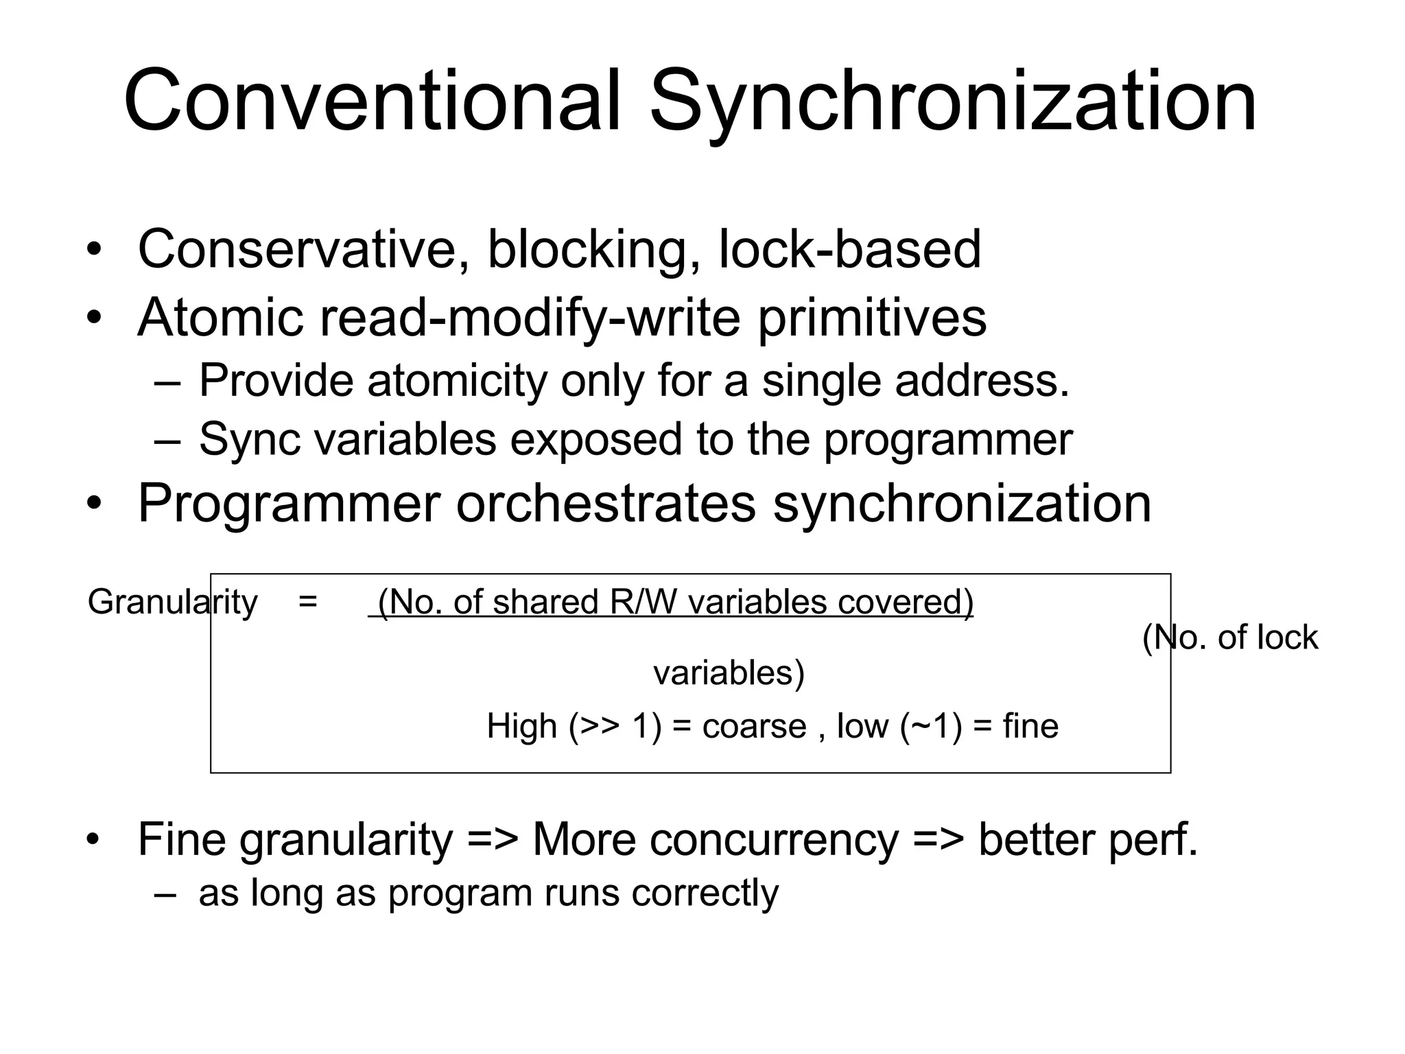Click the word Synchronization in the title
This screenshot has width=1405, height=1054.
[x=952, y=102]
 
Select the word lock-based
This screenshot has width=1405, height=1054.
[x=849, y=249]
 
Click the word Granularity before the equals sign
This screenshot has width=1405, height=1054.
[x=173, y=602]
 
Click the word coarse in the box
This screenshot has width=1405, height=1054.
[x=754, y=727]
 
